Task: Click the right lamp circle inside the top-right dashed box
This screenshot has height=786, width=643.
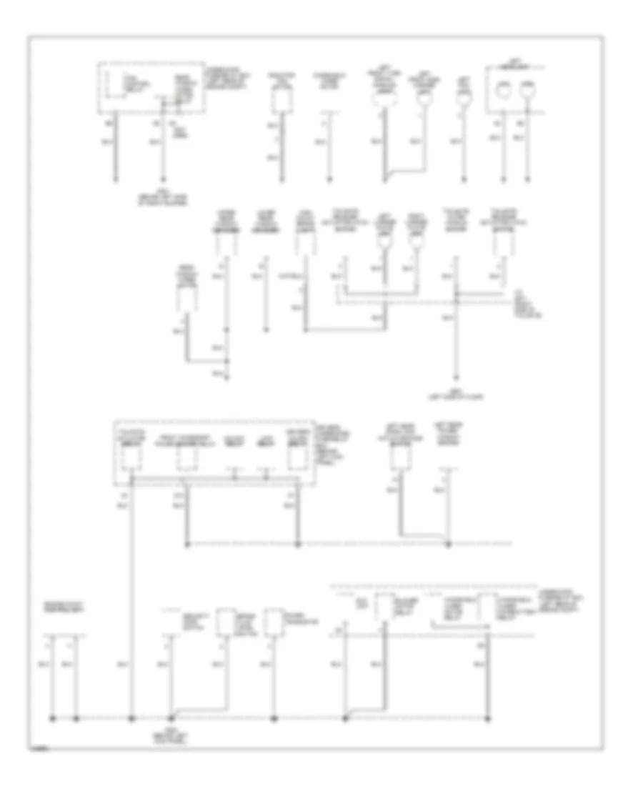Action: coord(528,91)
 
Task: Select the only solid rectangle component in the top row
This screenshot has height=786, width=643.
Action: coord(281,101)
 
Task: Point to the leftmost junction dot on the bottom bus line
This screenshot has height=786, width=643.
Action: coord(54,717)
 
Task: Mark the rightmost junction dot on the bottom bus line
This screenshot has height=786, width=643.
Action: coord(488,717)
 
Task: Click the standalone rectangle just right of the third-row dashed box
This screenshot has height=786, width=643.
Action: coord(398,458)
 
